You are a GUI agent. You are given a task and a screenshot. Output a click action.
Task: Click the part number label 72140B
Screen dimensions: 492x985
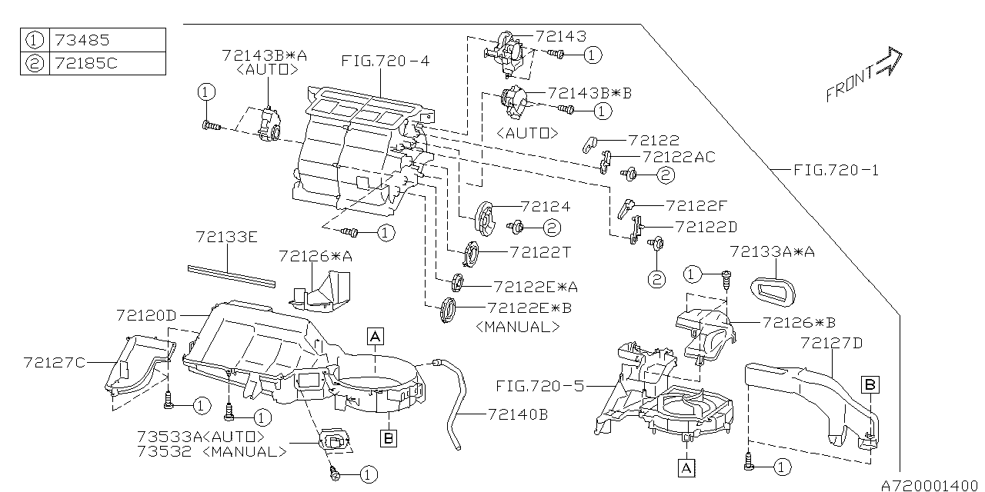(x=517, y=414)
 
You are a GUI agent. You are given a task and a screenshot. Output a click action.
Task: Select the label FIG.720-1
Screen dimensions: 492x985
(x=836, y=170)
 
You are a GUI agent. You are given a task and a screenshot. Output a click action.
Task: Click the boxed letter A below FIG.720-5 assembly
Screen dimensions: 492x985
(x=685, y=465)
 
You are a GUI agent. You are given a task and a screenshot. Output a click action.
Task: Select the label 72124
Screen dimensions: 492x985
(x=545, y=207)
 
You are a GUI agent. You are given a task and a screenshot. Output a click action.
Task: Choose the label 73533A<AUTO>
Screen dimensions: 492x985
(x=200, y=436)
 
